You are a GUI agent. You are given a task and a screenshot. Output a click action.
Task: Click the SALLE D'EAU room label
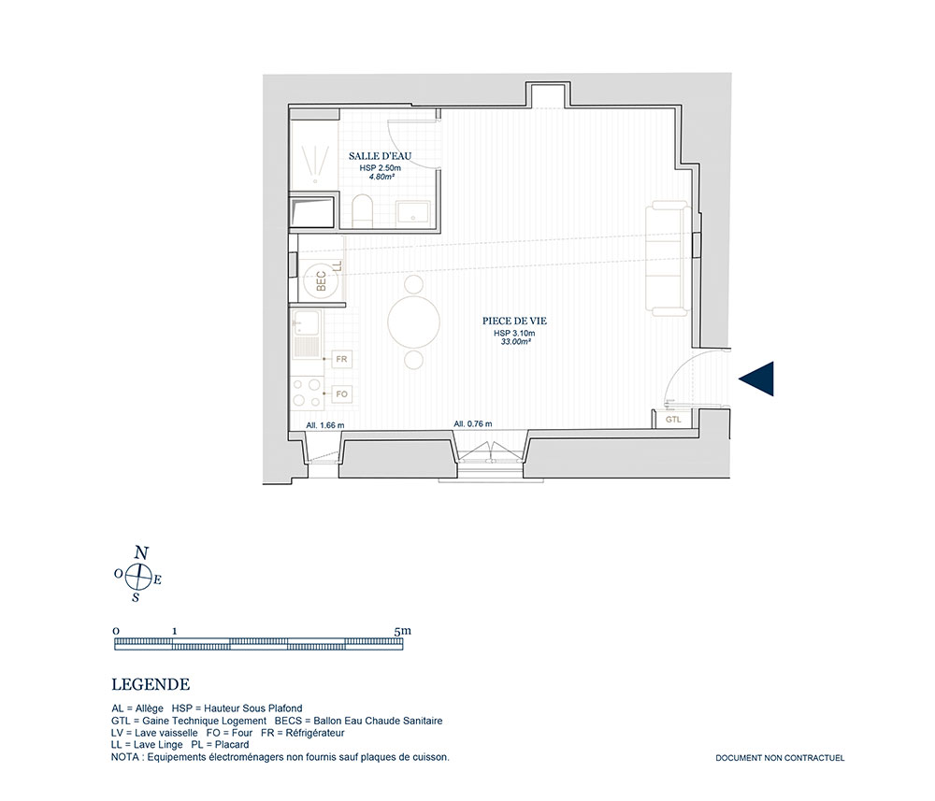point(380,156)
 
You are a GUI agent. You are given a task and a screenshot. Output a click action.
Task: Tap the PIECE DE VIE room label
point(514,322)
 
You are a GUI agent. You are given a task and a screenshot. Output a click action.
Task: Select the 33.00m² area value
point(516,342)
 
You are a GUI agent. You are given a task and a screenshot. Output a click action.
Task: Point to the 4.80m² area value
point(381,177)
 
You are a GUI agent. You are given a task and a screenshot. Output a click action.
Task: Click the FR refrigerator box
point(341,360)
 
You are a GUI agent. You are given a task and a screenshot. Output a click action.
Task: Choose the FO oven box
point(341,393)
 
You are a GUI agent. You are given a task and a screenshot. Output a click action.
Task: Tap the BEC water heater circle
point(320,281)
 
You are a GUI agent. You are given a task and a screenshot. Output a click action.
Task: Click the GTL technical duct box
point(673,420)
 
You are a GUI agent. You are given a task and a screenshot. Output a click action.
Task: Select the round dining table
point(414,322)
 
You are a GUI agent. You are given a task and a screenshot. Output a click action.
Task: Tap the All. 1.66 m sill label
point(325,425)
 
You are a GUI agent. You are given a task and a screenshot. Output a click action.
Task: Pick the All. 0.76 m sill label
point(473,424)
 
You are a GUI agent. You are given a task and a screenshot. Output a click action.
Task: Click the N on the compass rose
point(141,552)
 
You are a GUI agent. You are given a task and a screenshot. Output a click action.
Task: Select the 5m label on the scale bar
point(402,631)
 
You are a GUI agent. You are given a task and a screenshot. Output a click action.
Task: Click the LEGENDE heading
point(151,685)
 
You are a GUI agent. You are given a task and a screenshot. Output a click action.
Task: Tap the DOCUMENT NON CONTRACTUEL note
point(780,758)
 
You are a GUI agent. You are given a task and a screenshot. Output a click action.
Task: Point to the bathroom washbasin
point(412,212)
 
